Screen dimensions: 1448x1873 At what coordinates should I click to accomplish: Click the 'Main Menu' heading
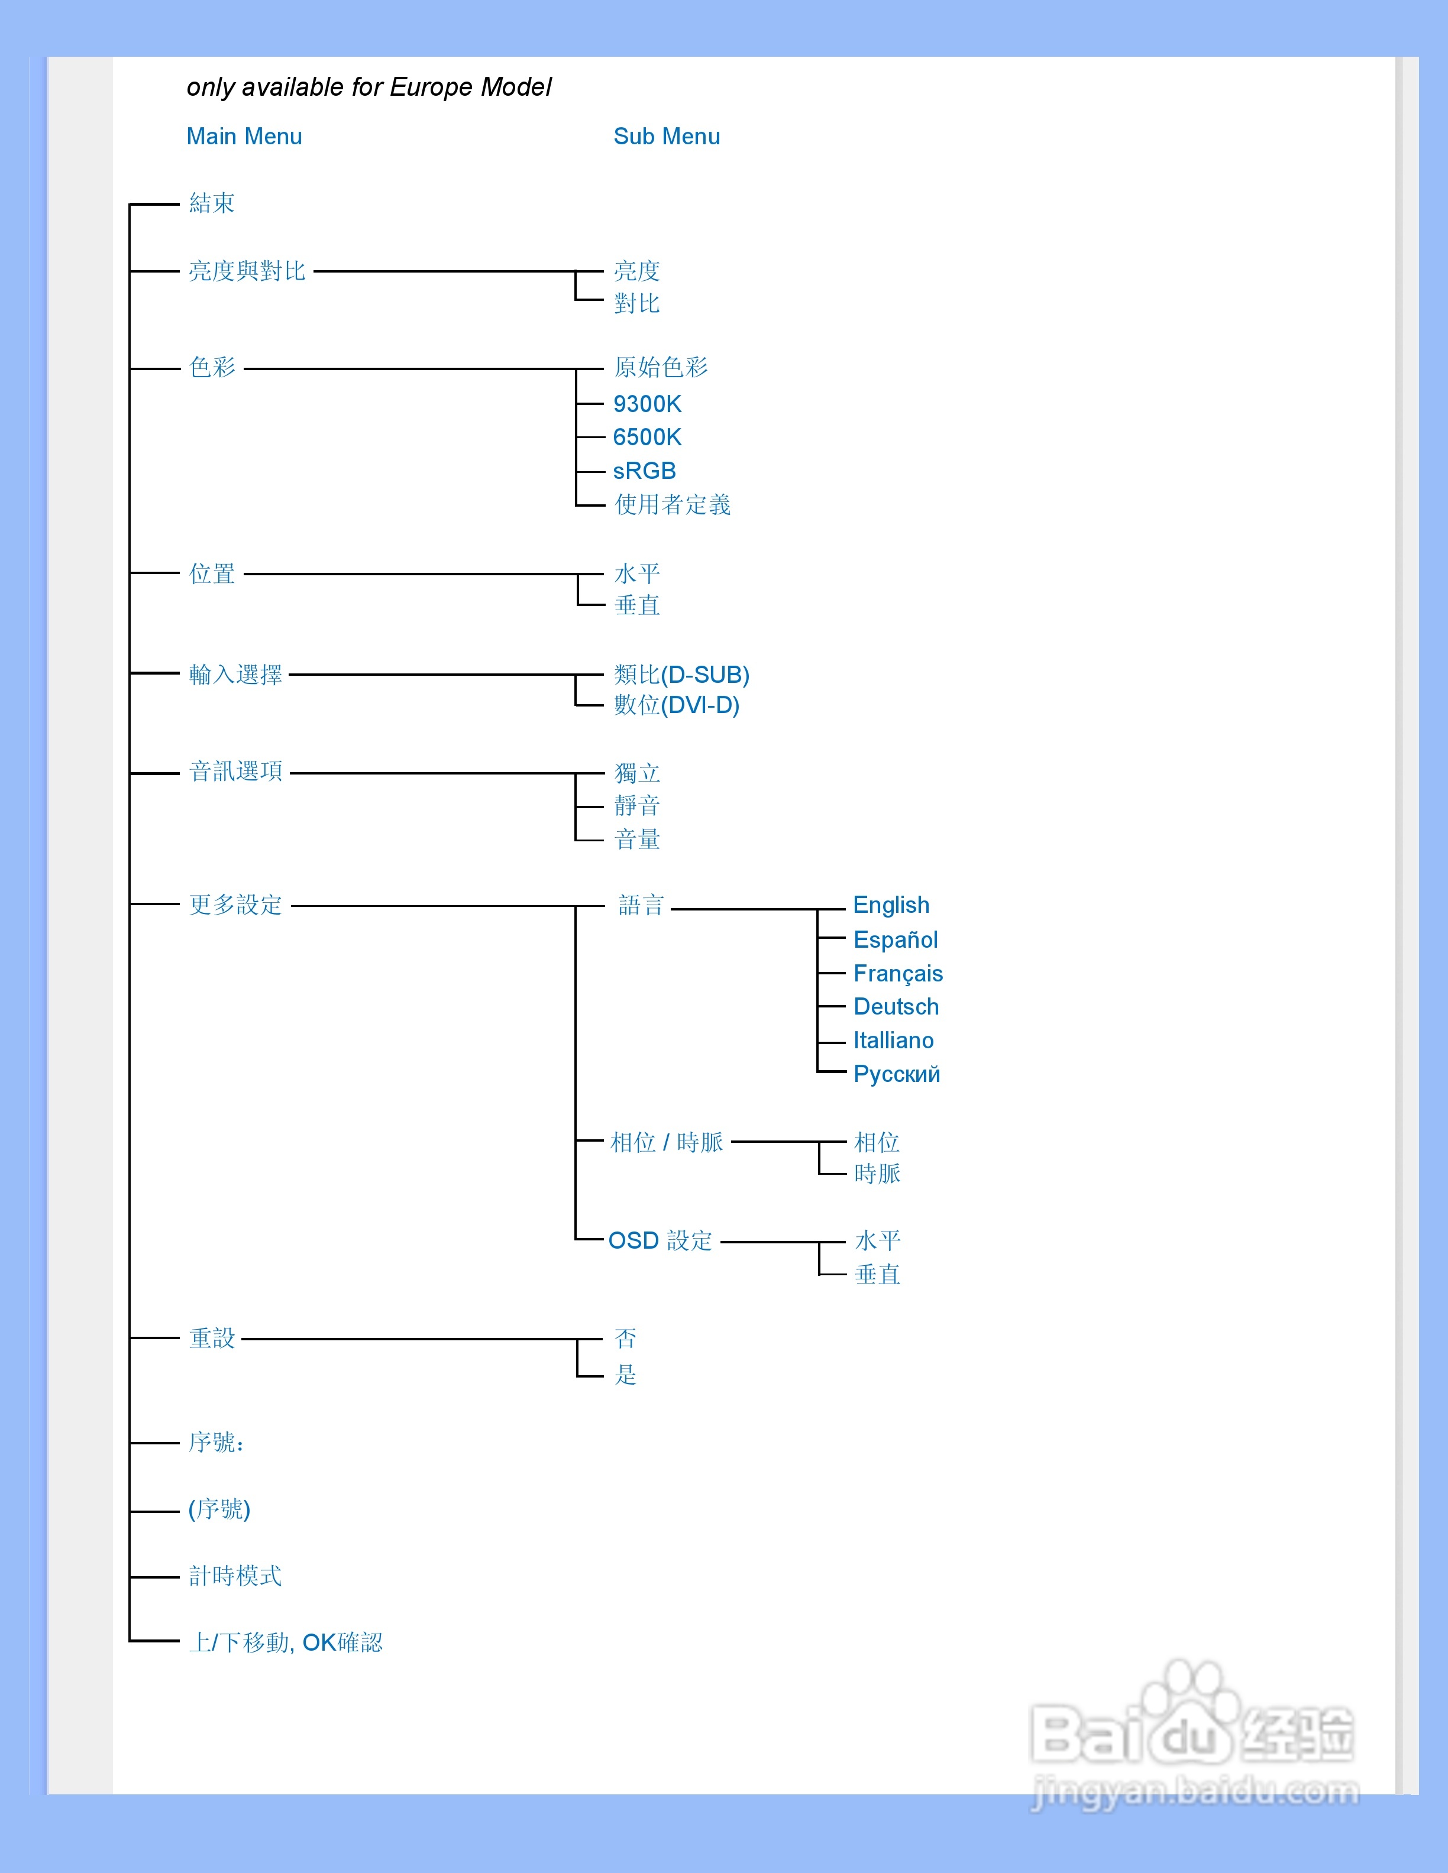[x=244, y=137]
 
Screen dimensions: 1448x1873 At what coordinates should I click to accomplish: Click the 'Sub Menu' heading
[x=667, y=137]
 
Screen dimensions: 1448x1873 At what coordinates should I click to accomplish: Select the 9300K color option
[x=647, y=404]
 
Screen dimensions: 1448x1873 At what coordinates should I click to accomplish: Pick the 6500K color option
[x=647, y=438]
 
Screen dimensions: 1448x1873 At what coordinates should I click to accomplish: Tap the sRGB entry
[x=644, y=471]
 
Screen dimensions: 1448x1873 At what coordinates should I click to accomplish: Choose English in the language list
[x=891, y=905]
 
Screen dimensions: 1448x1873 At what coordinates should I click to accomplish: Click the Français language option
[x=898, y=973]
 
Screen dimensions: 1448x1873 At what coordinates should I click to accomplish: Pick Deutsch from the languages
[x=896, y=1007]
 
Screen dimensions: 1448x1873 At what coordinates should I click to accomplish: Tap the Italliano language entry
[x=893, y=1041]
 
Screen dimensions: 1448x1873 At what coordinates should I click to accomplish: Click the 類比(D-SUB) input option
[x=682, y=675]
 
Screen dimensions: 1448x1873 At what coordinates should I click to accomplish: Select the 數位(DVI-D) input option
[x=677, y=705]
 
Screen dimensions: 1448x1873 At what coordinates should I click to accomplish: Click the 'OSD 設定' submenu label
[x=661, y=1241]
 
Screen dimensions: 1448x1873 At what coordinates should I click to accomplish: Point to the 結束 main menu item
[x=212, y=203]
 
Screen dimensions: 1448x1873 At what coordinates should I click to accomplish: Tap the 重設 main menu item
[x=212, y=1338]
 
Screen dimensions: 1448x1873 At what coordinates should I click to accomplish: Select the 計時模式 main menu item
[x=235, y=1576]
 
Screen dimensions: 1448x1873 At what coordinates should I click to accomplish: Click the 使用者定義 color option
[x=673, y=504]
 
